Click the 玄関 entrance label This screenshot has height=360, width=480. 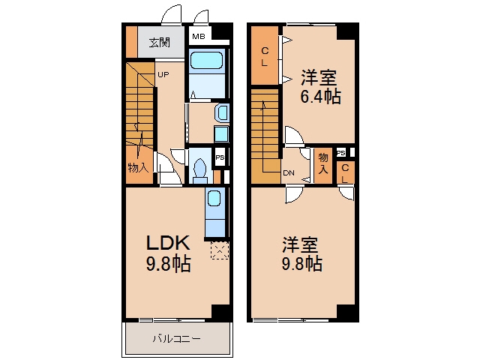(159, 43)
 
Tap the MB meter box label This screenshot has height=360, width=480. (198, 37)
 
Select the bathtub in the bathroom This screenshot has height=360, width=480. (206, 60)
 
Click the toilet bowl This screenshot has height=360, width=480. (200, 168)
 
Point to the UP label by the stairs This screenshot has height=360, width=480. (163, 74)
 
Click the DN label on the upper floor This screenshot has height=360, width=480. (289, 173)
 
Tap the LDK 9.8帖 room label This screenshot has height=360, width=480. (168, 253)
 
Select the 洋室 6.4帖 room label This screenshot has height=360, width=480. (320, 87)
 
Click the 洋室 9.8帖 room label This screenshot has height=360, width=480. (301, 254)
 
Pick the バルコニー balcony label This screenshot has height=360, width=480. (177, 339)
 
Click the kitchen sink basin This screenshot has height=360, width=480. (214, 198)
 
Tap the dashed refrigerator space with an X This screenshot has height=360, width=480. (220, 250)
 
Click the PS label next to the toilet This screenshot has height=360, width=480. (220, 157)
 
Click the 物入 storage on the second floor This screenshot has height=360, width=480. (323, 163)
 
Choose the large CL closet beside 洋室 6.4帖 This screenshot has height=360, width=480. (265, 55)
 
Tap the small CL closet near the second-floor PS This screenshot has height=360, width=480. (345, 173)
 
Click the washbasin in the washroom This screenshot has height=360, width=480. (223, 112)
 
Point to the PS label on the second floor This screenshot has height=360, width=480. (341, 153)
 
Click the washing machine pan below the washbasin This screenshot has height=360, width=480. (221, 133)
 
